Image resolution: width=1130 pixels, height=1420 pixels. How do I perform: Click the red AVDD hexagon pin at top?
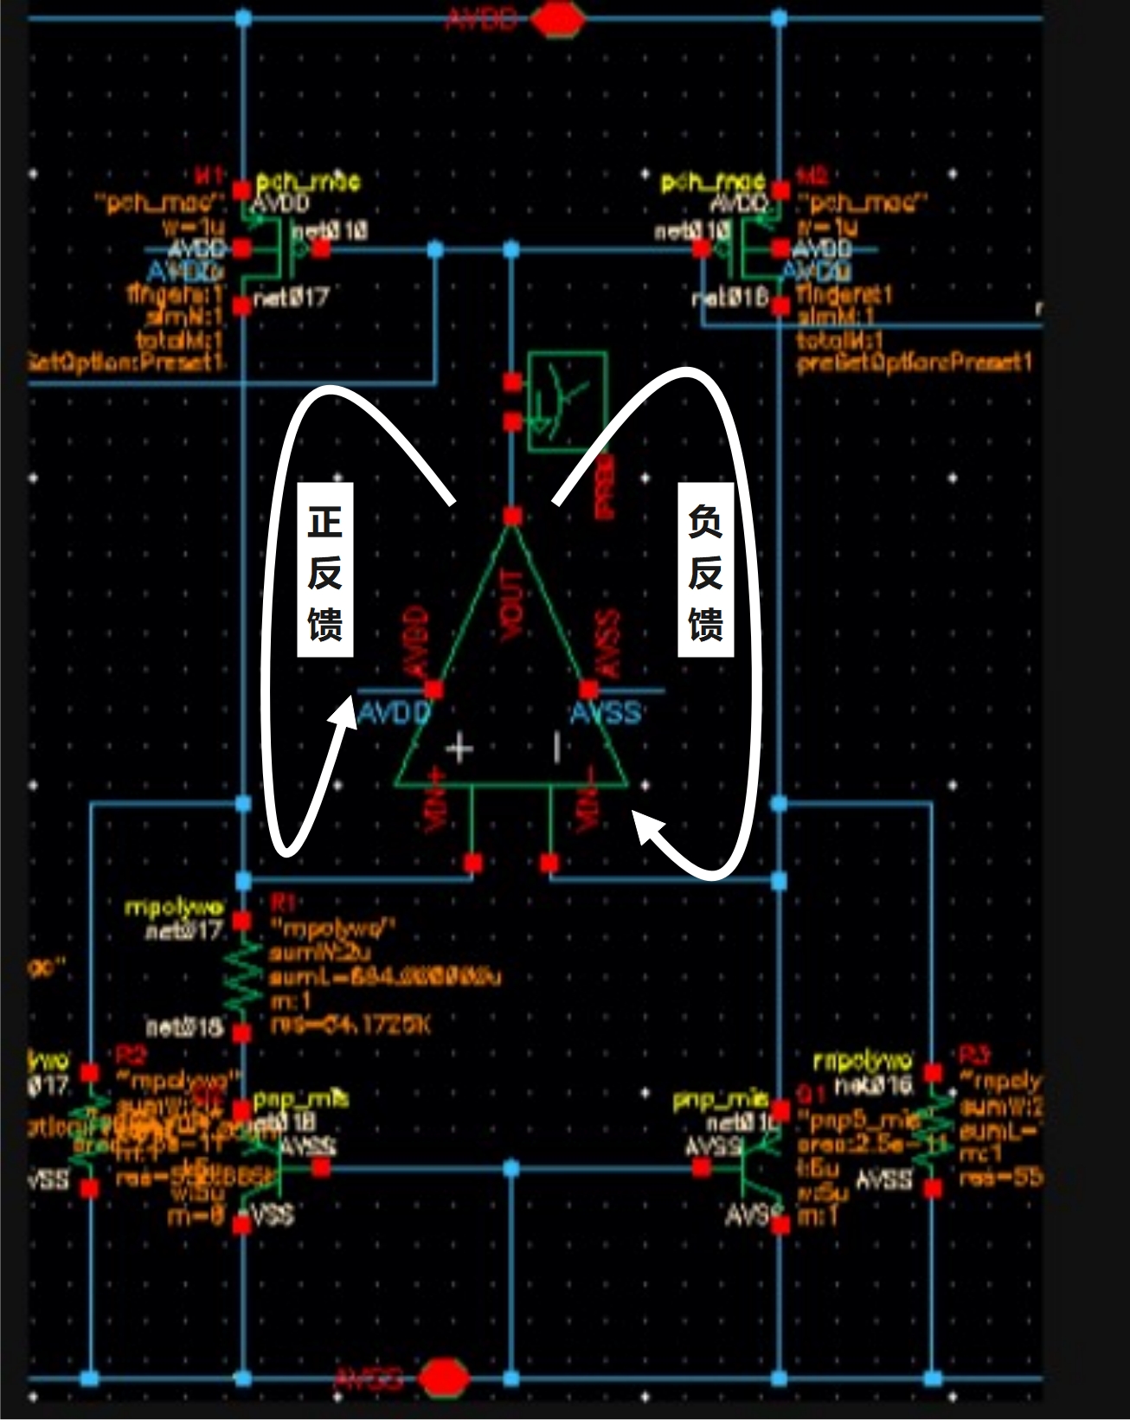click(558, 20)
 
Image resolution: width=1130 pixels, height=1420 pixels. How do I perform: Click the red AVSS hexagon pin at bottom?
click(444, 1378)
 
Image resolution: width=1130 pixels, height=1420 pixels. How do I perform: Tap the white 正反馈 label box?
click(325, 572)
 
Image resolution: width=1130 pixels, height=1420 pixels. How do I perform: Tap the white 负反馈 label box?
click(705, 572)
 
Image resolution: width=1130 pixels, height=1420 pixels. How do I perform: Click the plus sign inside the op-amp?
click(459, 748)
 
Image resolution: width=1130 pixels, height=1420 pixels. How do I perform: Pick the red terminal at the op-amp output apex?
click(512, 517)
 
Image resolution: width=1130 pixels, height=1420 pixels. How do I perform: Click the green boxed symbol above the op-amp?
click(568, 401)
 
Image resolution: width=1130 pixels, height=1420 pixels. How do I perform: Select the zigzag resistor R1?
click(243, 975)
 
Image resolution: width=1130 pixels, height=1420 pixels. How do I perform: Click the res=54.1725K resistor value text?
click(350, 1025)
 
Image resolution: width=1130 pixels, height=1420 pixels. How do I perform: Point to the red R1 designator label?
click(283, 903)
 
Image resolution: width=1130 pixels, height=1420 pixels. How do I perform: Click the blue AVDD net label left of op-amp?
click(394, 713)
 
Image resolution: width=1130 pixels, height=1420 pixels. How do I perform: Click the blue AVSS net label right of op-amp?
click(606, 713)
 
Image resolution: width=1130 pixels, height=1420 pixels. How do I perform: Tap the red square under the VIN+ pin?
click(472, 863)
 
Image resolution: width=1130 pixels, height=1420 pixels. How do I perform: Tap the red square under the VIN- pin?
click(549, 863)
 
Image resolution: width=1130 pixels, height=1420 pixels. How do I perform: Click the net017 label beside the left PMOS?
click(292, 298)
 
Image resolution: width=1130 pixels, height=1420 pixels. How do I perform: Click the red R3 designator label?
click(973, 1055)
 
